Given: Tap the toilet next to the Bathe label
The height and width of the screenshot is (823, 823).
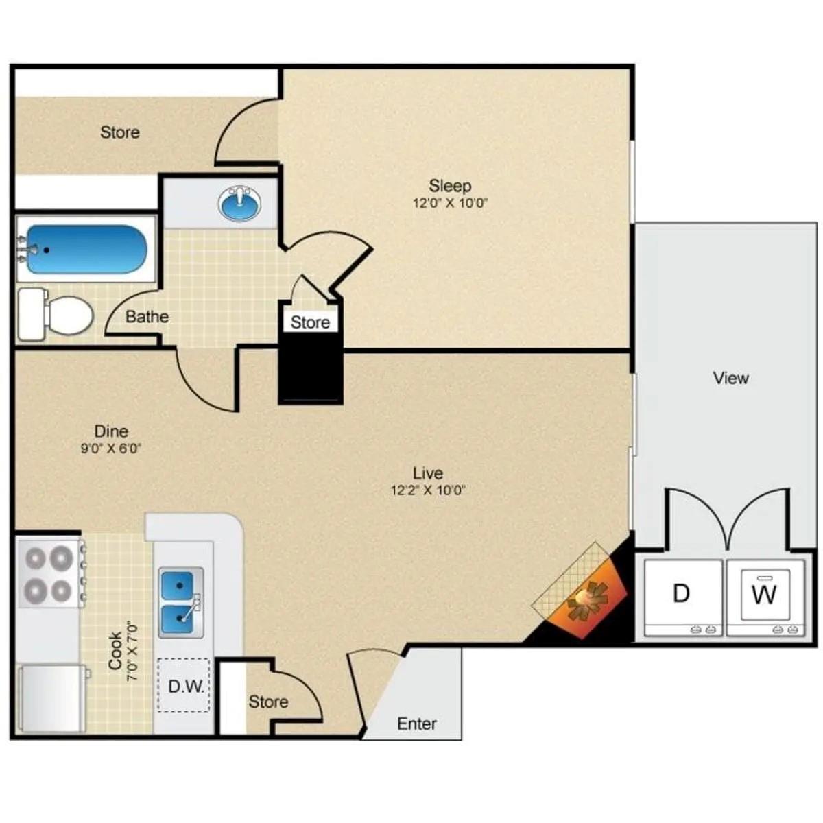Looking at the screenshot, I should (x=56, y=315).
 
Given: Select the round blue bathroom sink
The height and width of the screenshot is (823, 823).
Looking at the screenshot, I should (x=241, y=203).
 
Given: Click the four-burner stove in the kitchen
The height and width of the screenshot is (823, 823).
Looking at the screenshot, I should (x=49, y=573).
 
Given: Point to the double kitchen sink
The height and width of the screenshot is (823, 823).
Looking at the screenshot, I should (x=180, y=601).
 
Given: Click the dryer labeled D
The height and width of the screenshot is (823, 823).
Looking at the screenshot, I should (x=681, y=594).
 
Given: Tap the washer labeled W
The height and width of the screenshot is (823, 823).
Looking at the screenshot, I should (x=765, y=594).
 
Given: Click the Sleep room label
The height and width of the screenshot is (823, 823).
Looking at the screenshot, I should (x=450, y=186).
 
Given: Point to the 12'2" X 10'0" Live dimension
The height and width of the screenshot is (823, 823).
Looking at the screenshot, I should (x=428, y=490).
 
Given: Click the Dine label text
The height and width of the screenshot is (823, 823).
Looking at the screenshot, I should (x=111, y=431).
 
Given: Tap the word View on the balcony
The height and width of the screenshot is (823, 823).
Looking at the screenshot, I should (x=730, y=378).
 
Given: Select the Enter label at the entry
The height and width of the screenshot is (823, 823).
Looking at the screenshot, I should (x=417, y=724).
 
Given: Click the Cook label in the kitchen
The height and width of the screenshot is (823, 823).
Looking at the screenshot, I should (x=115, y=650).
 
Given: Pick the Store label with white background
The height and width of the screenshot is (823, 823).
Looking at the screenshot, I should (x=310, y=322).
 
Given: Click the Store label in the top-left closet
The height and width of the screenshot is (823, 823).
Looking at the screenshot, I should (x=120, y=132).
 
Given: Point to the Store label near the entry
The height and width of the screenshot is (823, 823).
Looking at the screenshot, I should (x=268, y=702).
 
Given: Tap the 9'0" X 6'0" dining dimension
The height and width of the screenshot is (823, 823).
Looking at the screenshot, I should (x=111, y=449).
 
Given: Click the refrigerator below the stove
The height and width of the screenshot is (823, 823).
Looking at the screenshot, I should (x=51, y=697).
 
